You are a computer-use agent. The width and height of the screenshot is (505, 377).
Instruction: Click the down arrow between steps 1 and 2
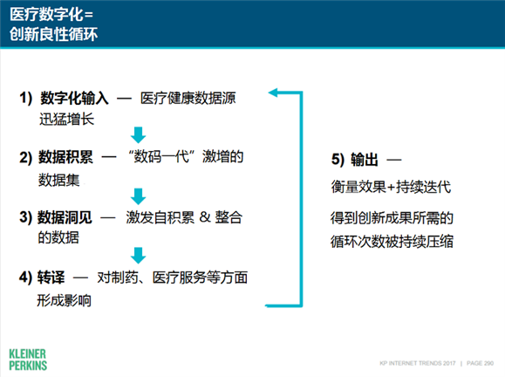(136, 134)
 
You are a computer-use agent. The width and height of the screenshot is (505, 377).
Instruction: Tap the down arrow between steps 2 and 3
(136, 195)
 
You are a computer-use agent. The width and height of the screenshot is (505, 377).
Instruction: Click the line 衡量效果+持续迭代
(391, 188)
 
